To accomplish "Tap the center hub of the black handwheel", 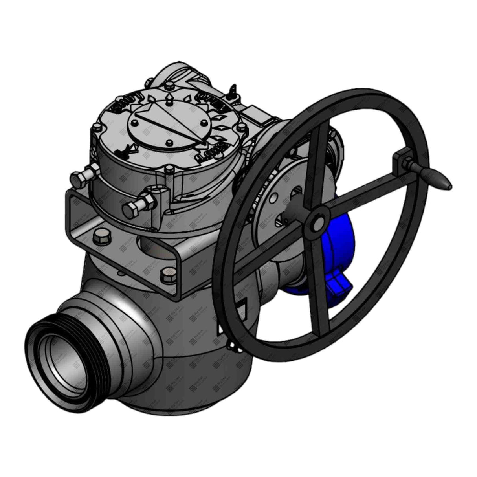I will (x=317, y=220).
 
